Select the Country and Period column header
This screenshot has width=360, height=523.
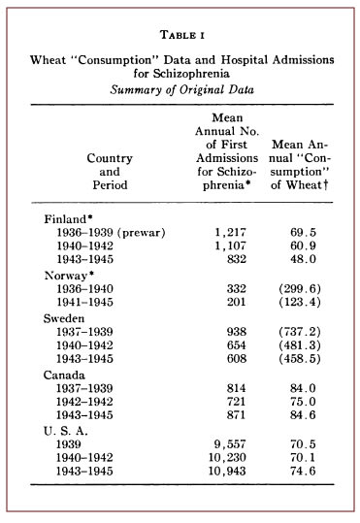click(110, 171)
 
